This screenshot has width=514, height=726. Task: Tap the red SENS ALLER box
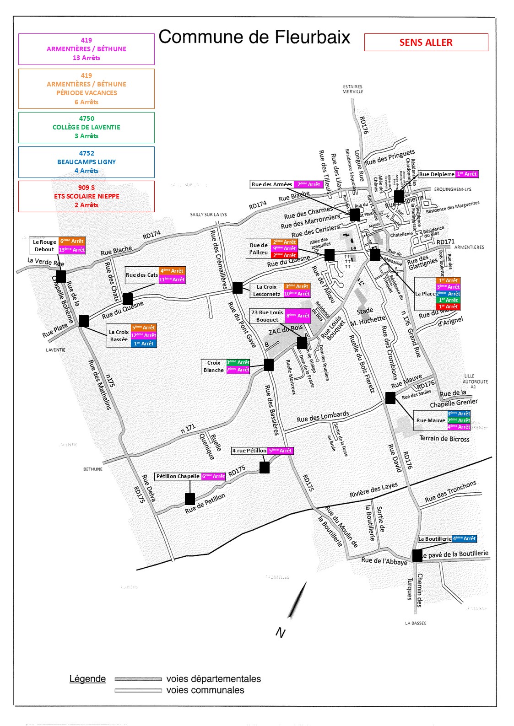click(x=426, y=43)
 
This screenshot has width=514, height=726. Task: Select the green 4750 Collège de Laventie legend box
click(x=87, y=127)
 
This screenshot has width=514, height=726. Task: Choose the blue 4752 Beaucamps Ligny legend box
click(x=87, y=162)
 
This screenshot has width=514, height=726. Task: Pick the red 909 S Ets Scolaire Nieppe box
click(x=87, y=196)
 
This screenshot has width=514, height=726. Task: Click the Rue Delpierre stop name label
click(x=437, y=174)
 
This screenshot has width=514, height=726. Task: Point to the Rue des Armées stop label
click(x=272, y=184)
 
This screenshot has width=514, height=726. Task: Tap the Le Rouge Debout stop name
click(x=44, y=246)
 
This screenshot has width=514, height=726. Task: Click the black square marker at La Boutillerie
click(x=417, y=555)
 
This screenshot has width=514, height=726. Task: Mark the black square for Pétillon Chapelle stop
click(x=190, y=499)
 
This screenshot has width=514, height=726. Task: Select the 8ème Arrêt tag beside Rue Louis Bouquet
click(x=298, y=316)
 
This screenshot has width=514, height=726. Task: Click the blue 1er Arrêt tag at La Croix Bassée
click(x=144, y=344)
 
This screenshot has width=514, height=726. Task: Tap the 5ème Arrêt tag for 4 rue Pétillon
click(x=281, y=451)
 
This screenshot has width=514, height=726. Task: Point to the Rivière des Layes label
click(x=373, y=490)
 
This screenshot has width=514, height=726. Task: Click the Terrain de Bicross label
click(x=444, y=439)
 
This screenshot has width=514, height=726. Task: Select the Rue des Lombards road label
click(x=323, y=417)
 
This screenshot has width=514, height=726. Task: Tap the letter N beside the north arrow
click(x=280, y=632)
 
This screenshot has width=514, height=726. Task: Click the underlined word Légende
click(x=87, y=679)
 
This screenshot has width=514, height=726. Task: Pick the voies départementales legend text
click(x=213, y=679)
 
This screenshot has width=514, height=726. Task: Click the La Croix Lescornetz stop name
click(x=266, y=290)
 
